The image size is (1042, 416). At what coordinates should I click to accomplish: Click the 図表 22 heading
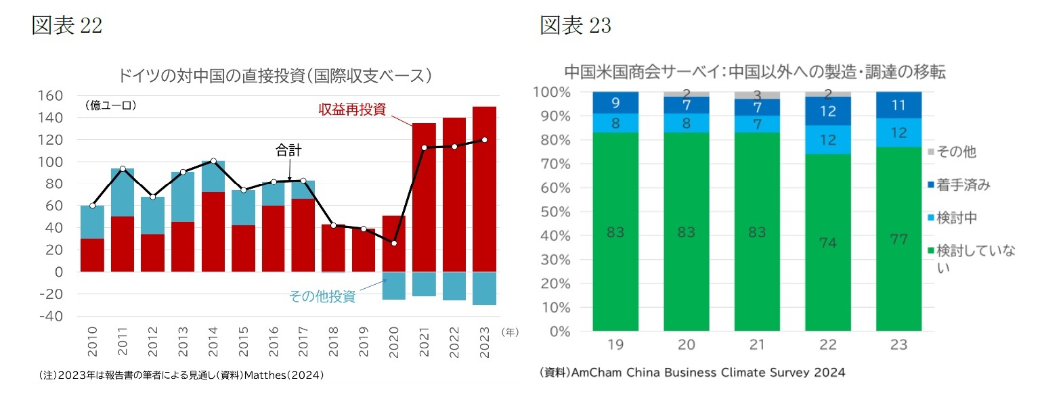[67, 25]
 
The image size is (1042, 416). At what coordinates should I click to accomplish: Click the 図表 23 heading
[575, 25]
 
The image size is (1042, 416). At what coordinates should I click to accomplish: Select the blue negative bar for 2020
[393, 285]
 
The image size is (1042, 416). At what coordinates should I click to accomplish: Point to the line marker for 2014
[213, 161]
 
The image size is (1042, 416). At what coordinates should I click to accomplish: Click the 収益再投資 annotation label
[352, 109]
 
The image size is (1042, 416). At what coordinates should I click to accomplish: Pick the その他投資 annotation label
[322, 296]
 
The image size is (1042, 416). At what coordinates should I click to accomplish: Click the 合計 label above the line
[288, 150]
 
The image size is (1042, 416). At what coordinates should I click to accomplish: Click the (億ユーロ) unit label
[110, 106]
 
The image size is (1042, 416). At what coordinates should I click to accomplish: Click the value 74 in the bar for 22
[827, 242]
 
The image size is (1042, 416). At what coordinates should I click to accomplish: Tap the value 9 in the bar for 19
[615, 103]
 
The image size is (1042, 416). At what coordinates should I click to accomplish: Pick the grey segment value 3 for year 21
[756, 95]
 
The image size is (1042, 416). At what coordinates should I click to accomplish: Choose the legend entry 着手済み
[962, 185]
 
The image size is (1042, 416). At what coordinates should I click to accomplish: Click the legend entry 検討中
[957, 218]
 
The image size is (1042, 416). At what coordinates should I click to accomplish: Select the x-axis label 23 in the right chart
[898, 344]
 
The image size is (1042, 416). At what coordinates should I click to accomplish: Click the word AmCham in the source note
[596, 373]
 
